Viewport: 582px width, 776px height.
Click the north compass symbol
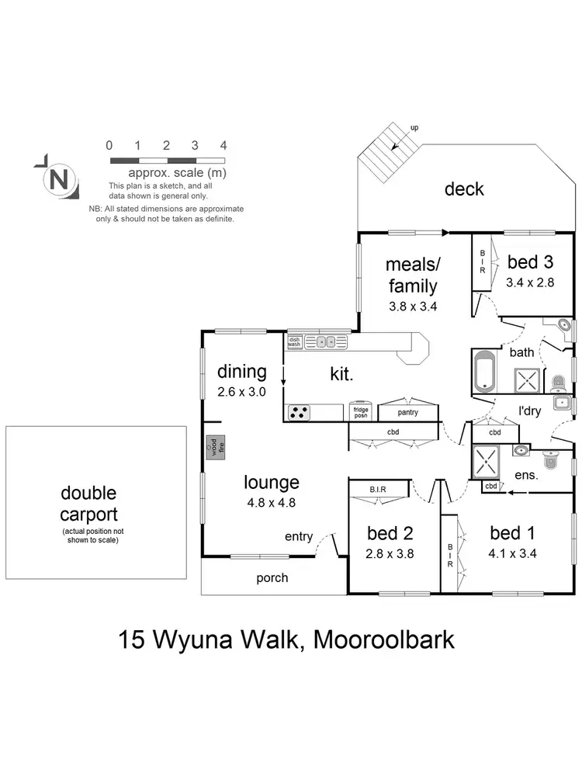coord(58,180)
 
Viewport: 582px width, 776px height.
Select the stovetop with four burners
coord(299,413)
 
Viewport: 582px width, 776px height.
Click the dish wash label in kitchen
coord(294,341)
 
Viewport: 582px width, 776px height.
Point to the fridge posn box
coord(361,412)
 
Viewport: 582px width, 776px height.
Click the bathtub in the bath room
coord(484,372)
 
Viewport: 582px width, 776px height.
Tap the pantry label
coord(407,412)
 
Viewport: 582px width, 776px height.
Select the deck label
coord(464,189)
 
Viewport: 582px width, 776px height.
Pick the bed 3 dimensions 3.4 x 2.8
coord(530,282)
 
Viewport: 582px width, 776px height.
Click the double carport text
coord(89,504)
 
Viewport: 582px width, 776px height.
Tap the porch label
coord(272,577)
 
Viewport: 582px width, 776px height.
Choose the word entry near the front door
coord(299,537)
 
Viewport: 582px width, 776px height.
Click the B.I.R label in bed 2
coord(378,489)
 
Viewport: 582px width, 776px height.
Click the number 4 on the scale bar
coord(223,145)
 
